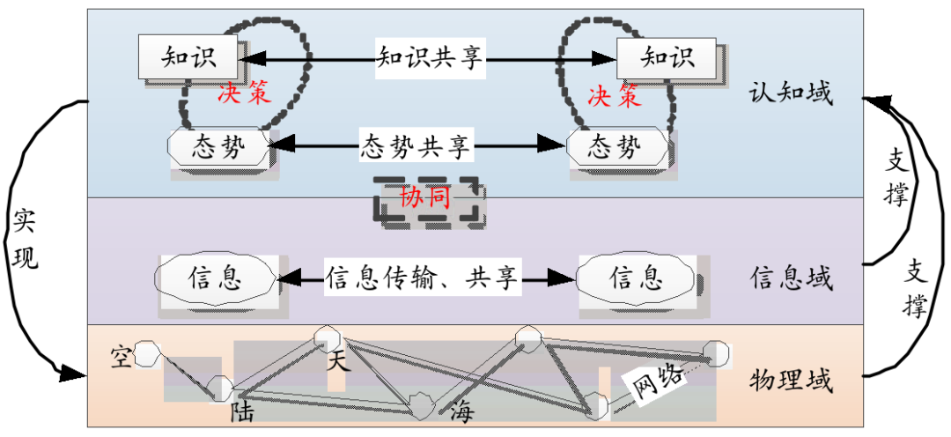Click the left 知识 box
point(189,58)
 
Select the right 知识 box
point(667,58)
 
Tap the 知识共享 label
point(431,58)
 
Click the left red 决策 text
point(244,93)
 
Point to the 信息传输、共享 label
point(423,278)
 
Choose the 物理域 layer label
point(791,381)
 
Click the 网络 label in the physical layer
point(653,381)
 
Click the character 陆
point(242,411)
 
